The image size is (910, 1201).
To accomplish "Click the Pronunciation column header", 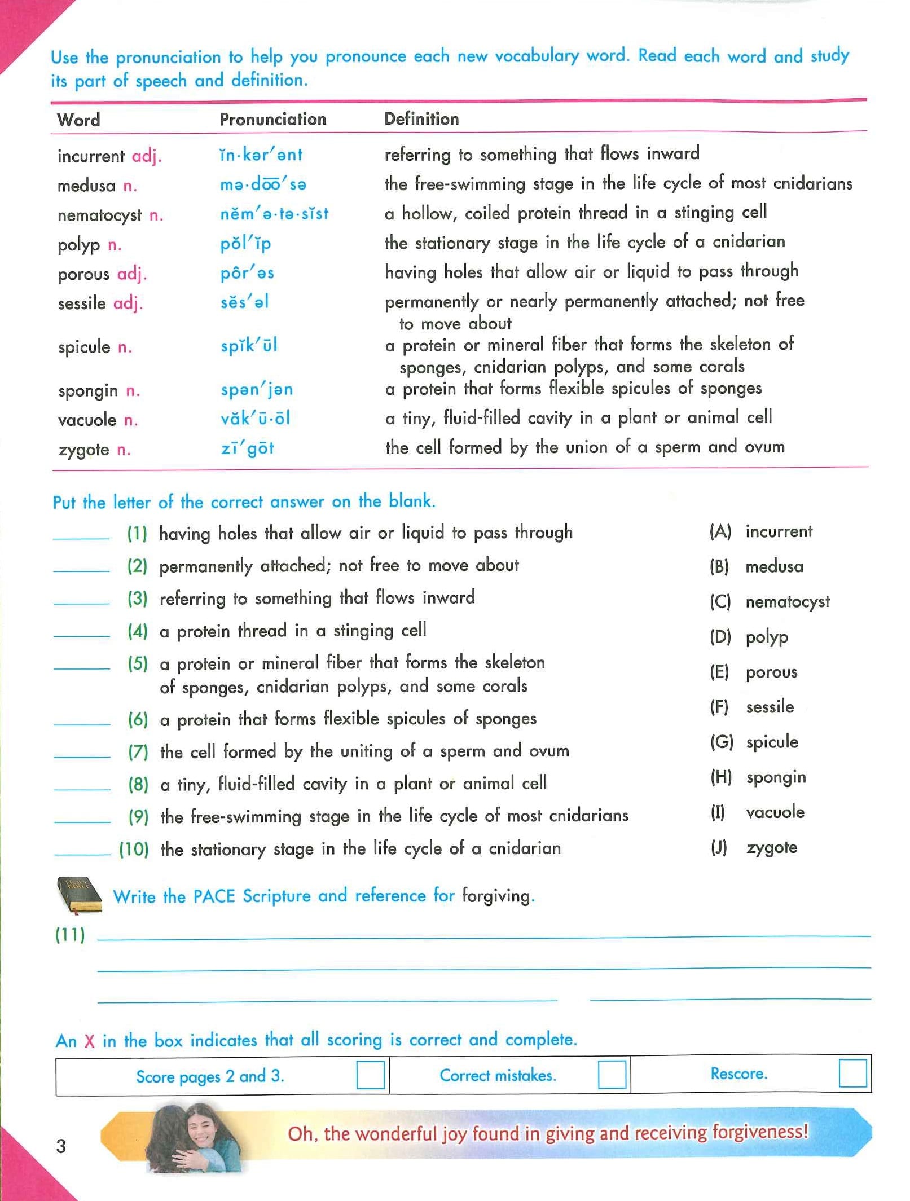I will coord(272,119).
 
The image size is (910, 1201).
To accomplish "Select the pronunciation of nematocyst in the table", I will coord(274,214).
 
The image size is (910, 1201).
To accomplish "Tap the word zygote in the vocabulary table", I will coord(83,450).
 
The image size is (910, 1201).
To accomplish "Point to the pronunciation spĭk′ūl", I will coord(249,345).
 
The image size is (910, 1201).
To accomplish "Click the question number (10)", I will coord(134,849).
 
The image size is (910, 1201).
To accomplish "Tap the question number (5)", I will coord(138,663).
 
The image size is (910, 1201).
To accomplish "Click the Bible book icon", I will coord(79,895).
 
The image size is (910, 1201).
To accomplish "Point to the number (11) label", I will coord(70,935).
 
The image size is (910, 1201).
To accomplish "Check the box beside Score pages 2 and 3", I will coord(370,1075).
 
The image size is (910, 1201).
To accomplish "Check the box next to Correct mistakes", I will coord(612,1074).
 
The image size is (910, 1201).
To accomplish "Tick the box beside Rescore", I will coord(852,1073).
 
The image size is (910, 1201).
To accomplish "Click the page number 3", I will coord(61,1146).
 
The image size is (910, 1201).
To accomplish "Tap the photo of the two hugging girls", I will coord(191,1134).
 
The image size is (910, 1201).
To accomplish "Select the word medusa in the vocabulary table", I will coord(86,185).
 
